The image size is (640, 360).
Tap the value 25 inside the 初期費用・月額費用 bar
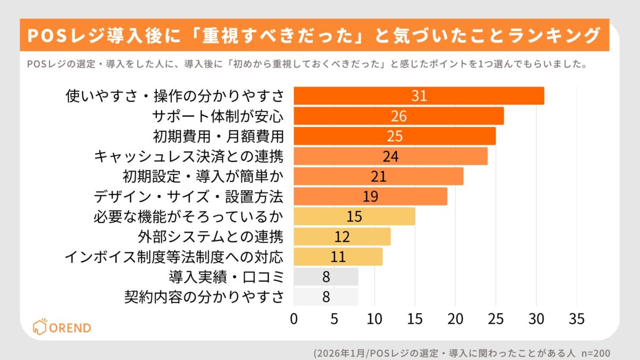[x=395, y=136]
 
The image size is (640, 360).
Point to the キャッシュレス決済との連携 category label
[x=188, y=156]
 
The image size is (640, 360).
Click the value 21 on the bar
[x=378, y=176]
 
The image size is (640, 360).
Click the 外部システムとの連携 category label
[x=210, y=236]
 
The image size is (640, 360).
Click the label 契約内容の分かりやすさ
[x=203, y=297]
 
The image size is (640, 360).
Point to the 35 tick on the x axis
[x=577, y=319]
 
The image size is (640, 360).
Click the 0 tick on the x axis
[x=294, y=319]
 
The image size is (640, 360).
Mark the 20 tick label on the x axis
[x=455, y=319]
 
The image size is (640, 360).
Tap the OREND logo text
[x=70, y=327]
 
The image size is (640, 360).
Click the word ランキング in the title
[x=555, y=36]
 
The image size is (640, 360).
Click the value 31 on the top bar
[x=419, y=96]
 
